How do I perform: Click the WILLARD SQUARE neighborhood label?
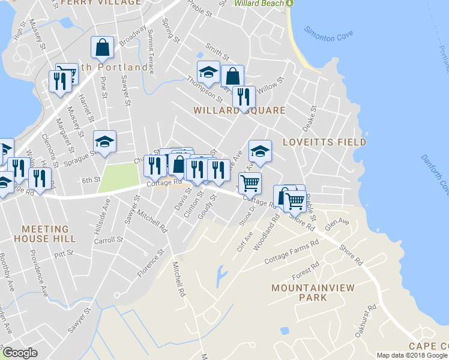coord(239,111)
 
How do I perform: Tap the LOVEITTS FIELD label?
coord(324,142)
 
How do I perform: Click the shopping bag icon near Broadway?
coord(102,47)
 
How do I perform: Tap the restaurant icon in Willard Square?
coord(243,96)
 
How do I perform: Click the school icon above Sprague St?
coord(104,142)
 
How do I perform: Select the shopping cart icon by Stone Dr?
coord(250,182)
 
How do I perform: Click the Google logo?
coord(20,353)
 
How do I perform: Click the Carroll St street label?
coord(108,239)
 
